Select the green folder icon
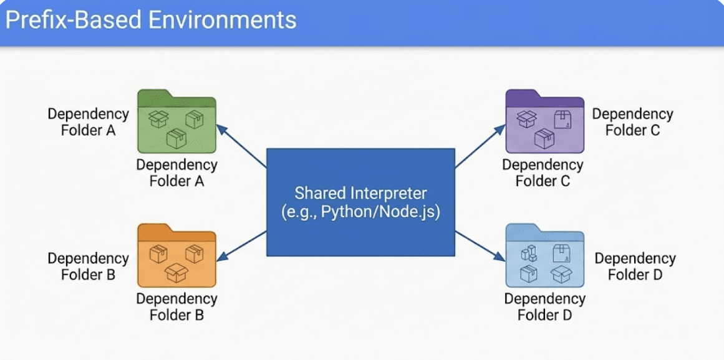click(x=177, y=122)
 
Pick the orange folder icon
click(x=177, y=256)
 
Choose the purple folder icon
click(x=545, y=122)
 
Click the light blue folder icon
click(x=545, y=256)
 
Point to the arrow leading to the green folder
click(x=241, y=145)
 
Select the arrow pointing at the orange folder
click(x=241, y=246)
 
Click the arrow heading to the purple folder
click(x=480, y=145)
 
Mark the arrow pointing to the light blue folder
click(x=480, y=246)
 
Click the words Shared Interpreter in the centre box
click(x=360, y=193)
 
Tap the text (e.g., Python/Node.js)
click(x=360, y=213)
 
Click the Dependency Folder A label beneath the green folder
click(x=177, y=173)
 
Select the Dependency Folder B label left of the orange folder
click(x=88, y=266)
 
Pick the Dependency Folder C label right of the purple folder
click(x=632, y=122)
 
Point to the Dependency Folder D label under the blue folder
click(x=545, y=307)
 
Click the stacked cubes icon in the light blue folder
click(x=529, y=253)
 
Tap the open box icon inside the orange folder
click(x=176, y=273)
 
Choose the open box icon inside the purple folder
click(x=526, y=119)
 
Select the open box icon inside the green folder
click(x=158, y=119)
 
